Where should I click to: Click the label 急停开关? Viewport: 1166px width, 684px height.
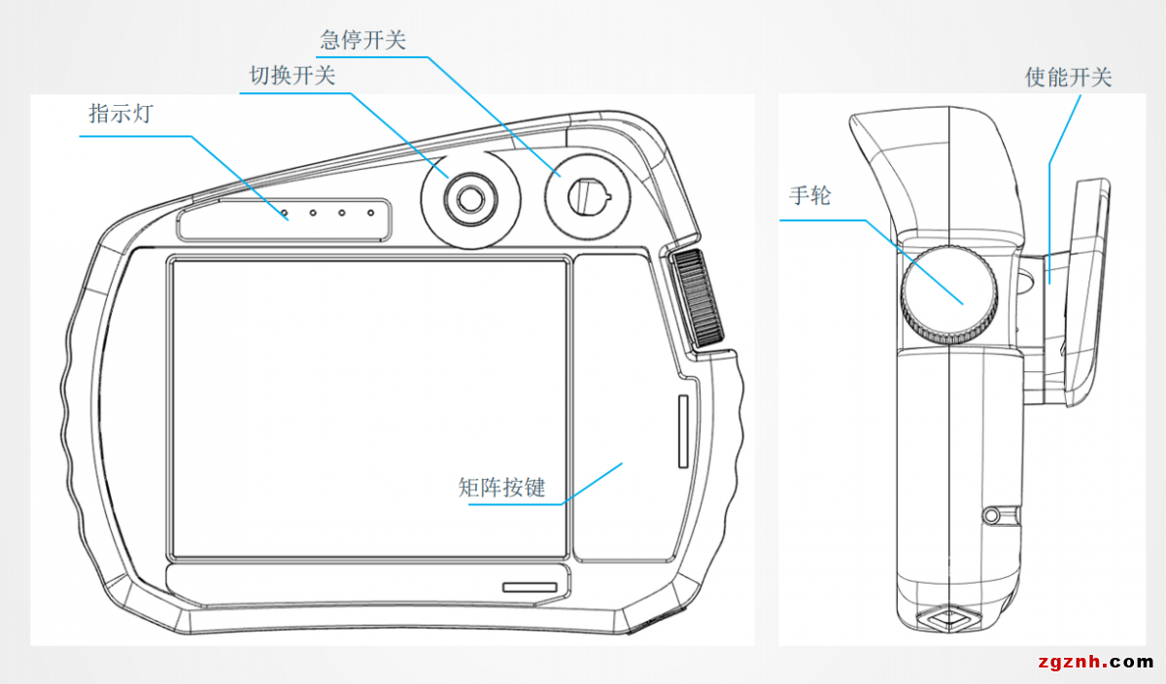(362, 40)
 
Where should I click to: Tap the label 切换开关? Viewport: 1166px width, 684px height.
(292, 76)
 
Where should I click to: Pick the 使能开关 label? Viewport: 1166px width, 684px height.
(1068, 77)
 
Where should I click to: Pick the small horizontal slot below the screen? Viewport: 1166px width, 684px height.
(530, 587)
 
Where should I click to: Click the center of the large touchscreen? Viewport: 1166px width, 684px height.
(369, 408)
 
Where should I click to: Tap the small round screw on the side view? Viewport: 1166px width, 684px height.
(993, 513)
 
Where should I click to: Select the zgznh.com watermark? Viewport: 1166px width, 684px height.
(1095, 663)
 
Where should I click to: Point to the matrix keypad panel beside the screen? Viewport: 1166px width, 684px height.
(623, 408)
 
